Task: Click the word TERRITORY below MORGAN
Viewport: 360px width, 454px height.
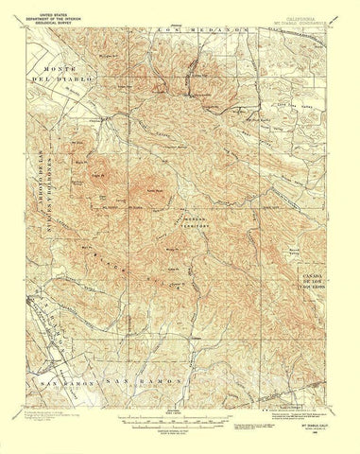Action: pyautogui.click(x=193, y=223)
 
